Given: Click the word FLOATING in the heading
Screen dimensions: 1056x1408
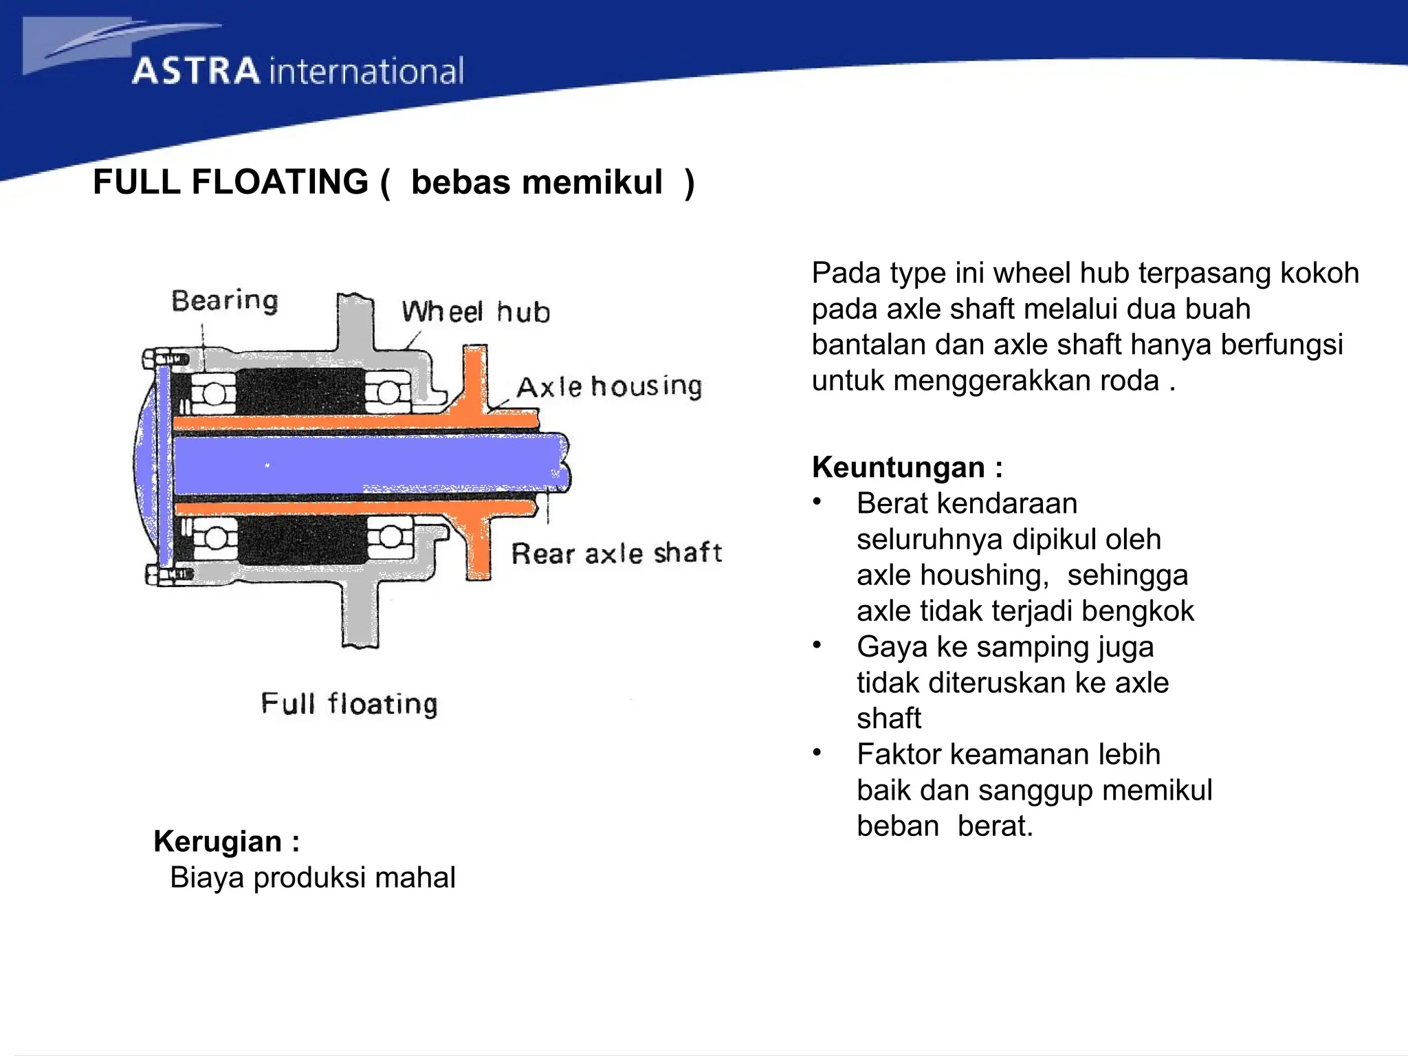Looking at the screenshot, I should [x=280, y=182].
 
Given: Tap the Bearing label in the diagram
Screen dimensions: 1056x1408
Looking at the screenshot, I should [x=225, y=301].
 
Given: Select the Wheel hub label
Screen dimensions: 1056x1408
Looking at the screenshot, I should [x=476, y=312].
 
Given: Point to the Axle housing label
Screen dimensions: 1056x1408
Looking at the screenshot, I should [x=609, y=387].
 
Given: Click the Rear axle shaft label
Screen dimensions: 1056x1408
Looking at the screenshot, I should [x=616, y=553].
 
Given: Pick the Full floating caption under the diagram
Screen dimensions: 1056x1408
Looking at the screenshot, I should [x=349, y=704].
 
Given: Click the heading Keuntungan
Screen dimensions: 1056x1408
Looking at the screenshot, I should [x=899, y=467].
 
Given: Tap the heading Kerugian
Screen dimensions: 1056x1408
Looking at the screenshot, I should [x=219, y=841].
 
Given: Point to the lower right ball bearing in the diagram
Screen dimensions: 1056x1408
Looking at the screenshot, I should [x=390, y=537].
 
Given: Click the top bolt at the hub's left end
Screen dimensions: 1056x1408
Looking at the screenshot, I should [x=159, y=359].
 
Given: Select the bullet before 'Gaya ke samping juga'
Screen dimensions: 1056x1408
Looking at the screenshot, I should [x=817, y=646].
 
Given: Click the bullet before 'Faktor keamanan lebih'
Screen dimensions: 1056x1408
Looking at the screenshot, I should [x=817, y=753].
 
